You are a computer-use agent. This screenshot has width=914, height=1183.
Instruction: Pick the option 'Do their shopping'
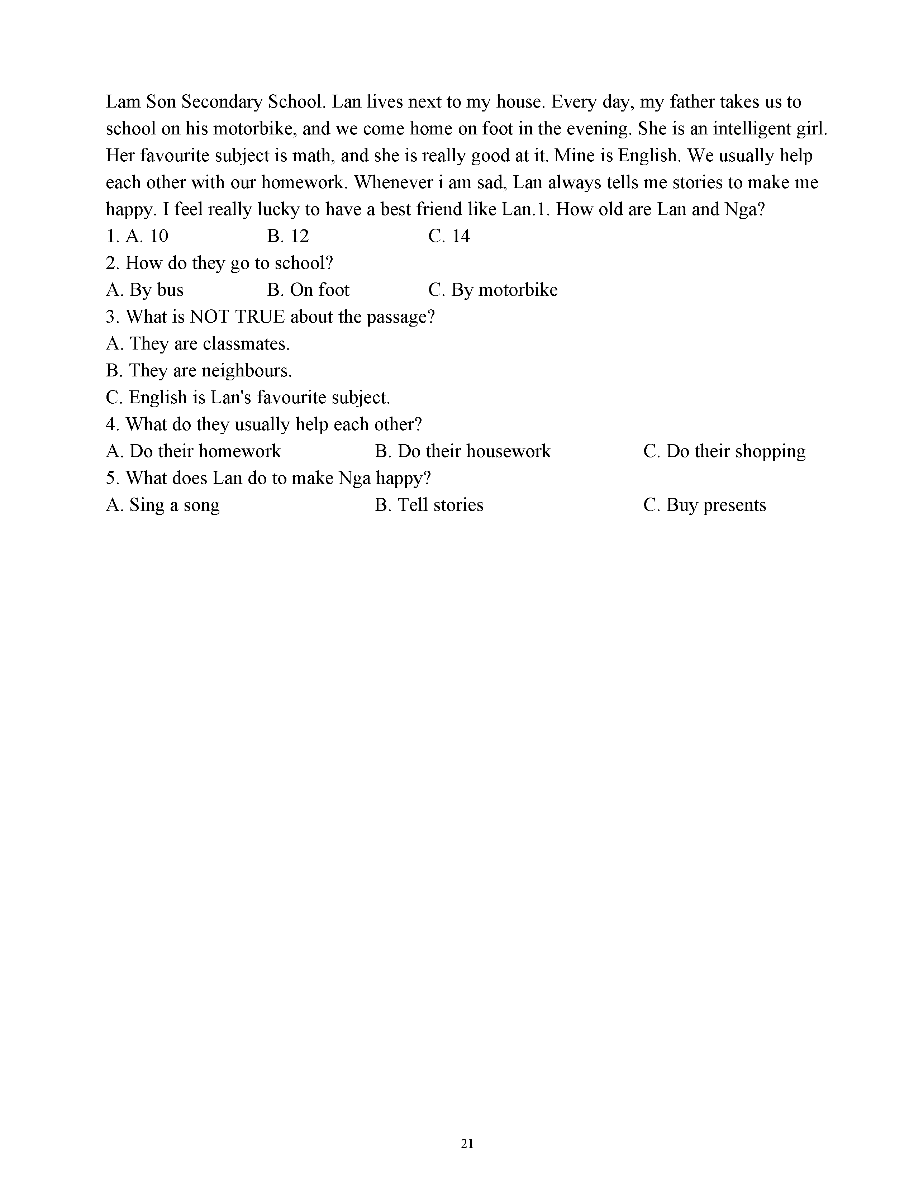[724, 451]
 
